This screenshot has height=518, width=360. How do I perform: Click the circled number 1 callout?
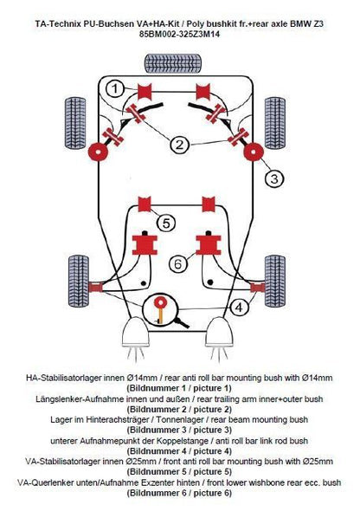point(114,89)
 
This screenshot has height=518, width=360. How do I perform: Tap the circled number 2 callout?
point(179,145)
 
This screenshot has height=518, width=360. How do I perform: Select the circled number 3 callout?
point(274,178)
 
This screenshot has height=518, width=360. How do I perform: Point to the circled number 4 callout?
point(239,308)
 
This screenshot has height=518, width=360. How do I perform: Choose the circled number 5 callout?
point(166,223)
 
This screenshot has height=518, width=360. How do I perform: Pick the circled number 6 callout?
point(178,264)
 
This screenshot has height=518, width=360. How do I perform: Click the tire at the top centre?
point(173,63)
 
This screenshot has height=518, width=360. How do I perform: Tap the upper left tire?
point(75,123)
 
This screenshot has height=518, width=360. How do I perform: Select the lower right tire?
point(275,282)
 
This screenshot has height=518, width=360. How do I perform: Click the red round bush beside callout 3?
point(254,152)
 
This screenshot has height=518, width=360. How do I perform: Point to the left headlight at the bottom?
point(135,333)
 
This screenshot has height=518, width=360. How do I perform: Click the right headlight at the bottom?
point(220,333)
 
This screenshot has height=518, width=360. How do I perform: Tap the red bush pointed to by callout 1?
point(145,92)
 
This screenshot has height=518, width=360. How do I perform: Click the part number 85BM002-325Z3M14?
point(179,34)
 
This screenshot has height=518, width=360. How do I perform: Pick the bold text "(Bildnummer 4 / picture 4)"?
point(179,451)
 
